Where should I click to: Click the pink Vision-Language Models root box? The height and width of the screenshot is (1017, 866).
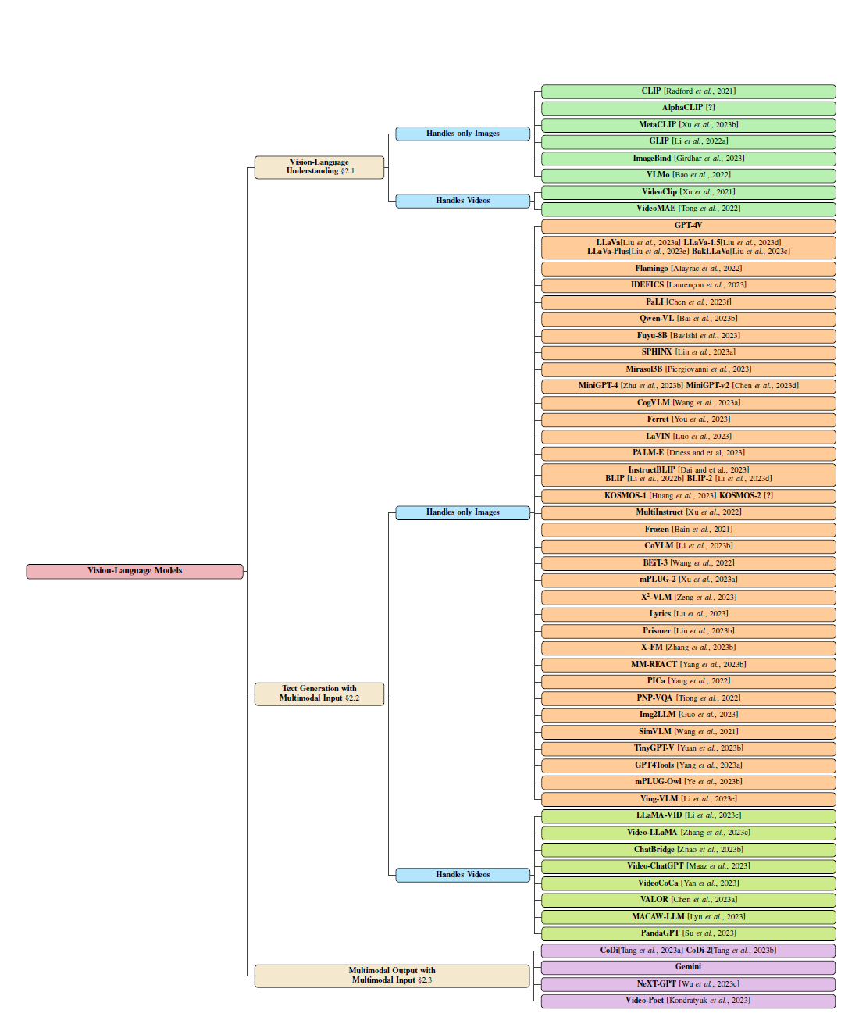coord(135,571)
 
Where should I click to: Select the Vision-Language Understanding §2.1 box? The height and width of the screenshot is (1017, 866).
coord(319,167)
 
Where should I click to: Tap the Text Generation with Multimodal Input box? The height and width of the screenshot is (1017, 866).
coord(319,694)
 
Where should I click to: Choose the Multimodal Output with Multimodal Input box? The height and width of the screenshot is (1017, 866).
coord(392,976)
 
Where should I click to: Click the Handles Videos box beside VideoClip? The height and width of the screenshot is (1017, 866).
coord(463,201)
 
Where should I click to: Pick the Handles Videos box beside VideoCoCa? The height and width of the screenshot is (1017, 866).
coord(463,875)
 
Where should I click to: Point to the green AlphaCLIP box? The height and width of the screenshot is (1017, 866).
coord(689,108)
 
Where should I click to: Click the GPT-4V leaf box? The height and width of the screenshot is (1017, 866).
coord(689,226)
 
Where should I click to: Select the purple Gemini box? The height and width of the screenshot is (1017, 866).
coord(688,967)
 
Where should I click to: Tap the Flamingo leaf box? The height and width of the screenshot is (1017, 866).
coord(689,269)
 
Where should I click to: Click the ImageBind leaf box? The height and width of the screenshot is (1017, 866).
coord(689,159)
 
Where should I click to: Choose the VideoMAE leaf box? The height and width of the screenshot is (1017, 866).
coord(689,209)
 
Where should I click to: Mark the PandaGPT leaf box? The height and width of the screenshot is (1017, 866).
coord(689,933)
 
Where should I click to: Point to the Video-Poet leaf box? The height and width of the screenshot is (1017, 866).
coord(688,1001)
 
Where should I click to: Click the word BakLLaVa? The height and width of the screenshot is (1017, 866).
coord(711,252)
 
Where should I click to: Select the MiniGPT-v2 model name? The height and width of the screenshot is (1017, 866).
coord(707,386)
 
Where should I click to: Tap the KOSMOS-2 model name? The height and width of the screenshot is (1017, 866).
coord(739,496)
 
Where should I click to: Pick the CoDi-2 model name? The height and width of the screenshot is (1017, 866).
coord(698,951)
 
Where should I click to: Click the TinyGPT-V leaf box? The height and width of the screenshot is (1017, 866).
coord(689,749)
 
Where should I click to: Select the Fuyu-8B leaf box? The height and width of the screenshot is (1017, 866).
coord(689,336)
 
